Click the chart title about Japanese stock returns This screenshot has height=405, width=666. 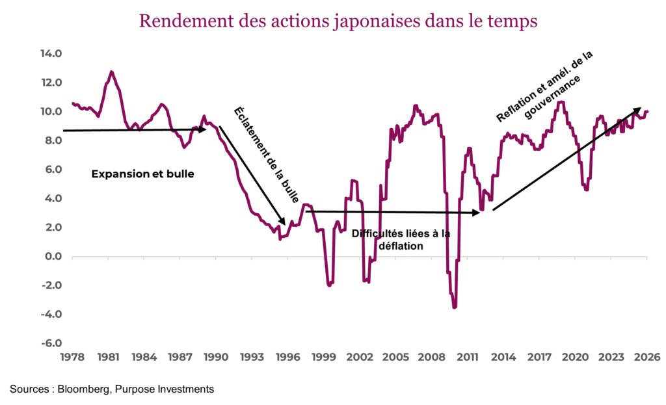click(338, 21)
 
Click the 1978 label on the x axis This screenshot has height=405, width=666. click(73, 357)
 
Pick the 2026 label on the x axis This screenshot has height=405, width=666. click(647, 357)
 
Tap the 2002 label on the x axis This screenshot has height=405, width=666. click(360, 357)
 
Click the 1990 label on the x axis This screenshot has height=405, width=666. click(216, 357)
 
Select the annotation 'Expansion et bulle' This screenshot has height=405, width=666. click(142, 174)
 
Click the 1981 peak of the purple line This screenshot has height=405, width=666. click(111, 72)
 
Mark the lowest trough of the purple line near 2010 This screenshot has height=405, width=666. click(455, 307)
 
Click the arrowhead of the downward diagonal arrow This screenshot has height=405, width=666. click(284, 222)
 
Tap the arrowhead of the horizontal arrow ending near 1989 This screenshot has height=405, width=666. click(203, 129)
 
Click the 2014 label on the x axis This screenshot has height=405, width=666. click(503, 357)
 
